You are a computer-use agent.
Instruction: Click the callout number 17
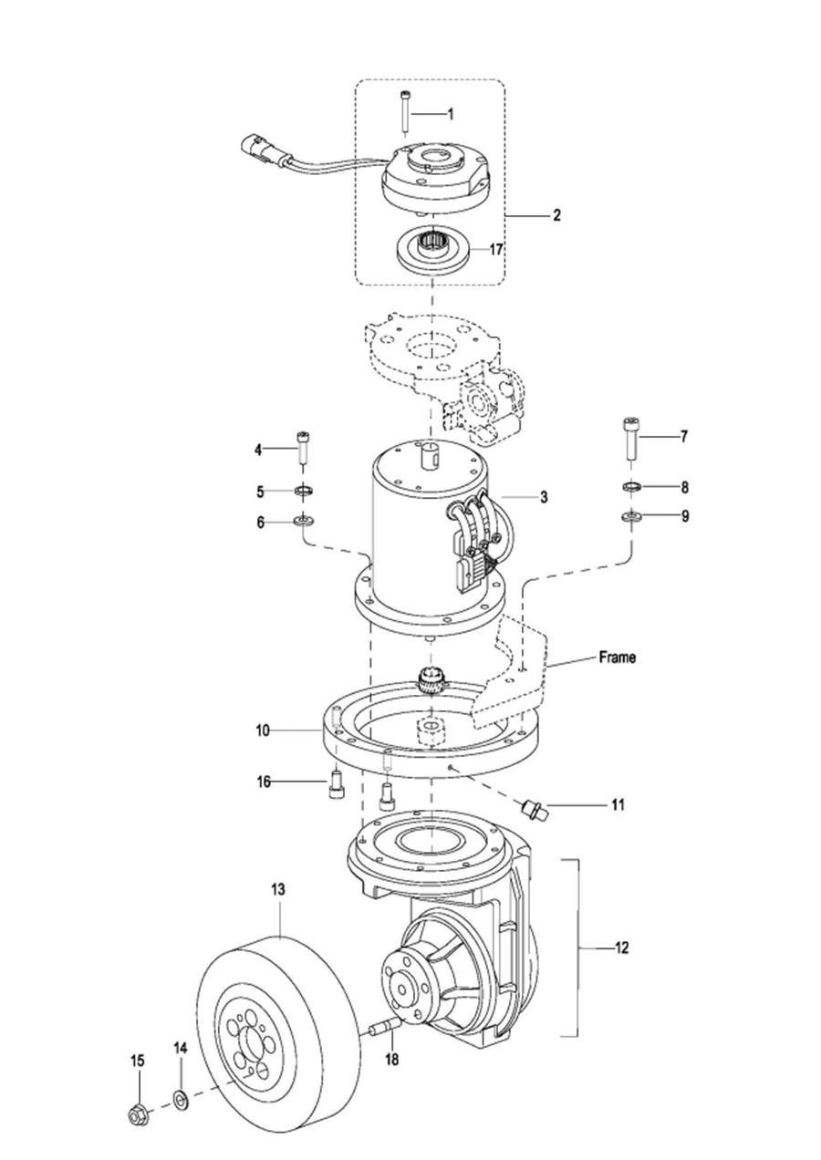tap(495, 250)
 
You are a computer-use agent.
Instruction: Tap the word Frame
tap(617, 658)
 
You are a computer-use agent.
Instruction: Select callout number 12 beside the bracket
tap(621, 948)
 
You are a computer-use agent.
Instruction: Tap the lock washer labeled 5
tap(303, 490)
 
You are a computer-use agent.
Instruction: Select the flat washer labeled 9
tap(631, 516)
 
